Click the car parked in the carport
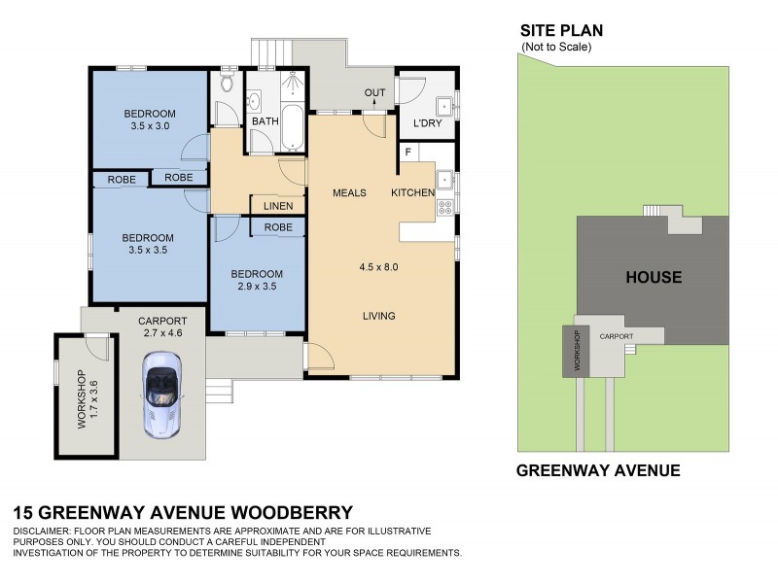point(161,394)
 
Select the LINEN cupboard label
point(278,206)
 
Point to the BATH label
point(265,121)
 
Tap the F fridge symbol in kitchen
point(407,152)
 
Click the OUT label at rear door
point(375,93)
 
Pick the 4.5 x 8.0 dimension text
point(379,267)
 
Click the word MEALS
point(349,192)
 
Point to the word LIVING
point(379,316)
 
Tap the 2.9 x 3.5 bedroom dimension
point(258,288)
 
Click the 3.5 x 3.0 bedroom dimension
point(149,125)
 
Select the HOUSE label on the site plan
point(653,277)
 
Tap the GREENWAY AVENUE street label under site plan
point(597,471)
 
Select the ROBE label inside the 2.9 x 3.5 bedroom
point(278,227)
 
